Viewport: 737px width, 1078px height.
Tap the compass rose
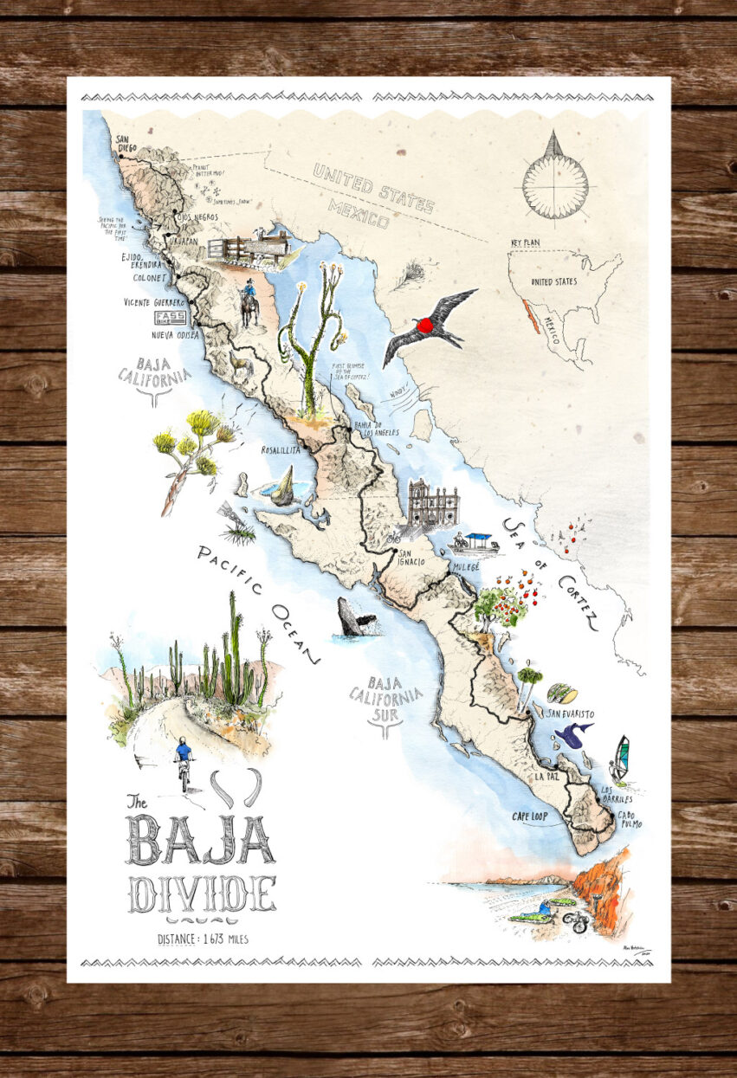coord(555,178)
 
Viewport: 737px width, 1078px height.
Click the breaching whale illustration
coord(356,618)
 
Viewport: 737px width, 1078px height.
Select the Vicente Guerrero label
coord(155,302)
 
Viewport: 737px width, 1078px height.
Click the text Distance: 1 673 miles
coord(203,939)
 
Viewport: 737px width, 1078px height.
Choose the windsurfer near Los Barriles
coord(619,758)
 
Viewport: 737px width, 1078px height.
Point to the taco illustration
coord(562,694)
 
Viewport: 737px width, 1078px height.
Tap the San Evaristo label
coord(570,713)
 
